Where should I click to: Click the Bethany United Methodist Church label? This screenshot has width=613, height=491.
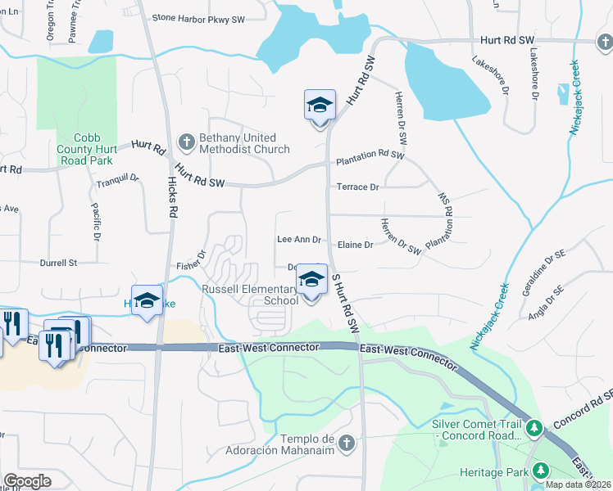point(243,143)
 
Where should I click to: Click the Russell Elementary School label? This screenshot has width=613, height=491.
point(250,295)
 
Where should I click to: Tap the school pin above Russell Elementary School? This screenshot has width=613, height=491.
point(311,280)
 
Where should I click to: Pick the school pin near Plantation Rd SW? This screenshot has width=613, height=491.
point(320,106)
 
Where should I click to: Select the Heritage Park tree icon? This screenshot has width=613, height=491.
point(541,470)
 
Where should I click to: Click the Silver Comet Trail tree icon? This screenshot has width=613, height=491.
point(534,427)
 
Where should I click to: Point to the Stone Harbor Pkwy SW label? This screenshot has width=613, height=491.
point(199,17)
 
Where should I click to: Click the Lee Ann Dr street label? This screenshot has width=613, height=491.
point(298,239)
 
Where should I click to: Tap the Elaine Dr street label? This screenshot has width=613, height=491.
point(355,245)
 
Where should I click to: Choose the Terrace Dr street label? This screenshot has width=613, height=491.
point(357,187)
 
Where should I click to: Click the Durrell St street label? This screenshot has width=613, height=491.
point(58,264)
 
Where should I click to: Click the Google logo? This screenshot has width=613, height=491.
point(27,481)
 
